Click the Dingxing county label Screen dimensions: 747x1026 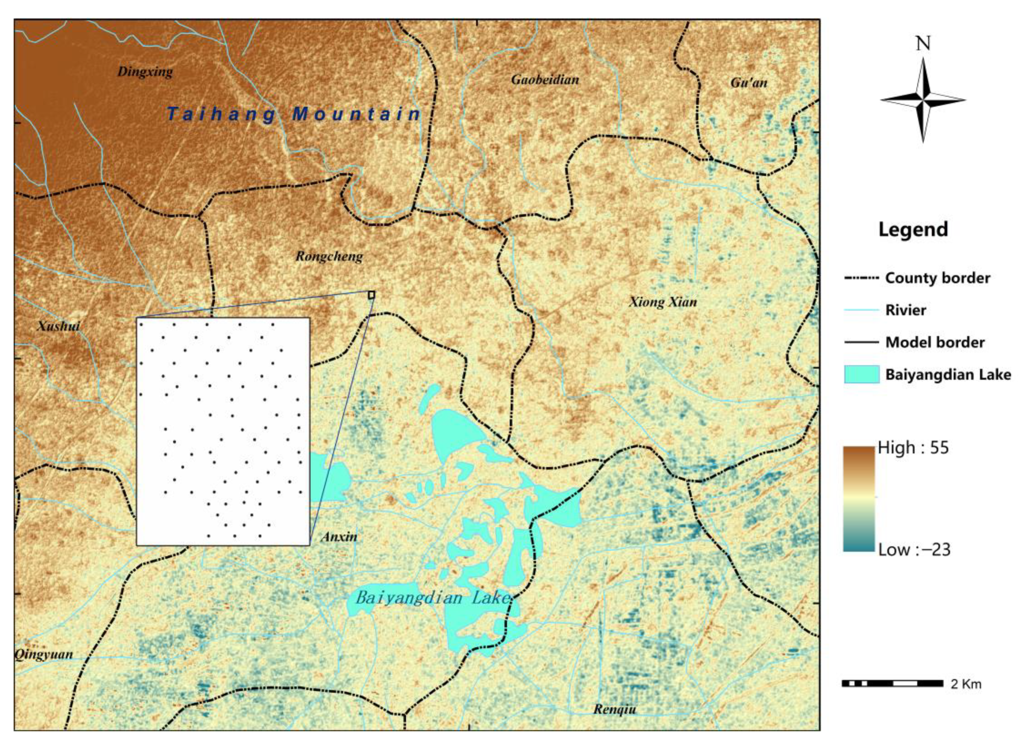click(145, 72)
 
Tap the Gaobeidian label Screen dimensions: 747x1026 click(545, 80)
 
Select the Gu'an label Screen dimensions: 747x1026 click(749, 82)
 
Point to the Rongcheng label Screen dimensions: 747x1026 click(329, 257)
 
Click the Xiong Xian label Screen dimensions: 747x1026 click(663, 302)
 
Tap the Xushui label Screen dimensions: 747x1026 click(58, 326)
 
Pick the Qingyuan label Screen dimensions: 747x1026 click(44, 654)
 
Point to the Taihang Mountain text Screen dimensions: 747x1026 click(294, 114)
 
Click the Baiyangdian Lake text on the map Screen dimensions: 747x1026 click(433, 598)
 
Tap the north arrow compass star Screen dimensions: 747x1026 click(923, 100)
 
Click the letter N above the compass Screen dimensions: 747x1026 click(923, 44)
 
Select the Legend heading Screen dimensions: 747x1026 click(913, 229)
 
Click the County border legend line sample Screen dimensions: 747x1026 click(861, 278)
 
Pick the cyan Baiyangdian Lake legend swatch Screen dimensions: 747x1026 click(861, 374)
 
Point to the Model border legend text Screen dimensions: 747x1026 click(935, 342)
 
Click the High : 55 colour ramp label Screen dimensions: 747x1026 click(913, 448)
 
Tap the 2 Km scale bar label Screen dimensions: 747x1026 click(966, 684)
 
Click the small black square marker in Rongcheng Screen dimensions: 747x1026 click(371, 294)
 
